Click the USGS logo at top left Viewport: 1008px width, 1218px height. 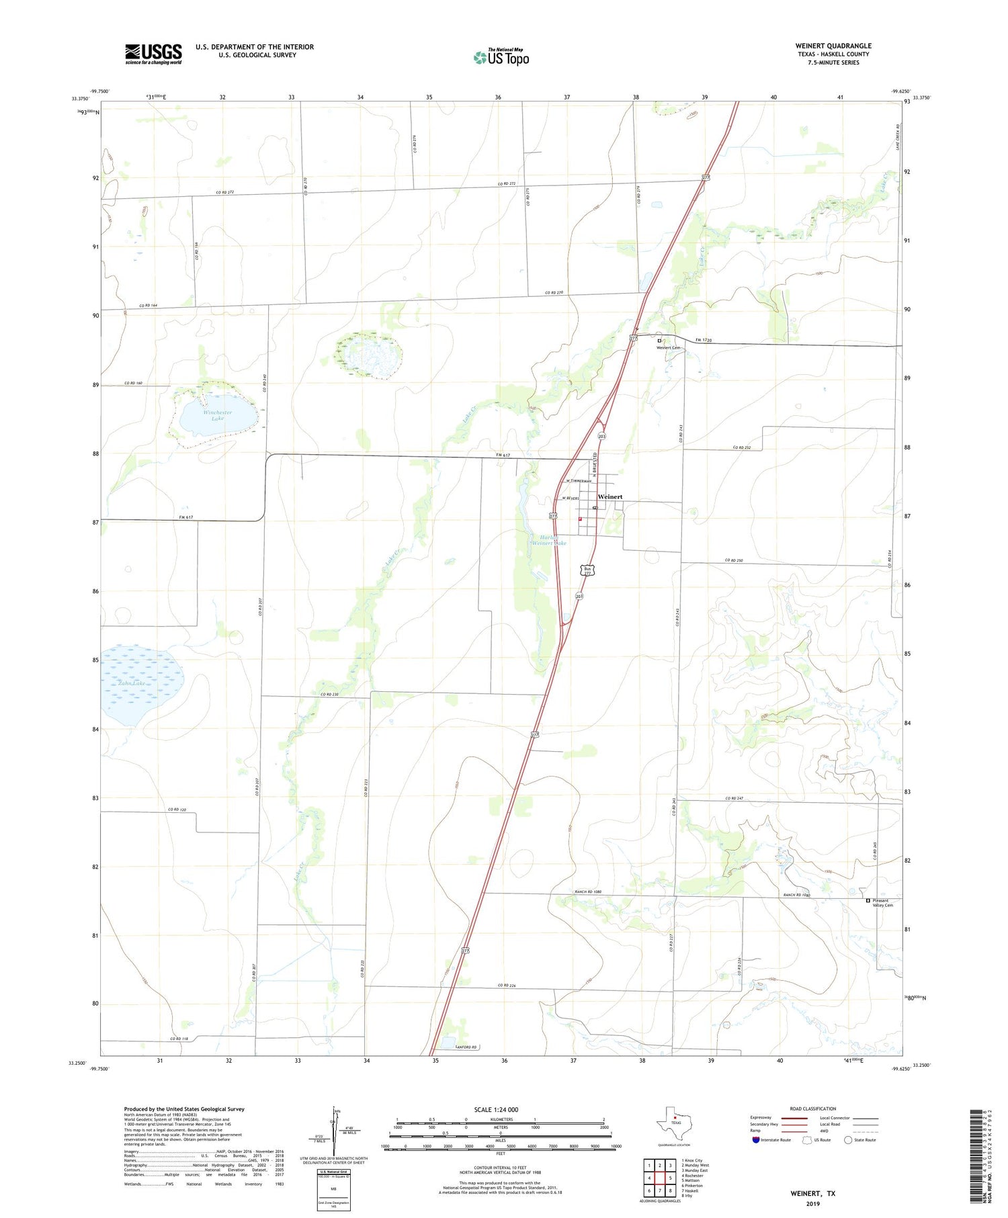(153, 54)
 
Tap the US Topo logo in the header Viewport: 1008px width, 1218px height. (501, 58)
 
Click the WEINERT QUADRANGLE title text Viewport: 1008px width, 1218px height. (833, 46)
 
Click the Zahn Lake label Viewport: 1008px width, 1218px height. (132, 683)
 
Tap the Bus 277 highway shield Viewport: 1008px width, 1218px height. (587, 570)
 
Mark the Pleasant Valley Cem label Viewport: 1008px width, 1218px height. (882, 903)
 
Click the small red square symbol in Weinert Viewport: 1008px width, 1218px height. (580, 519)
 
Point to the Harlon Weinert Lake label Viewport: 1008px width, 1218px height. (549, 539)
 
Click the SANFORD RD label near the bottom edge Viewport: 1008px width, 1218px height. (466, 1047)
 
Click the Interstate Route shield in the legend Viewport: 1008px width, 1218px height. (755, 1139)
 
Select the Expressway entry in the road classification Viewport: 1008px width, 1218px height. (764, 1118)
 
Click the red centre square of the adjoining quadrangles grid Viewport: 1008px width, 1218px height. (660, 1178)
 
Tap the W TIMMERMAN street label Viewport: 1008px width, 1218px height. (579, 481)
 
